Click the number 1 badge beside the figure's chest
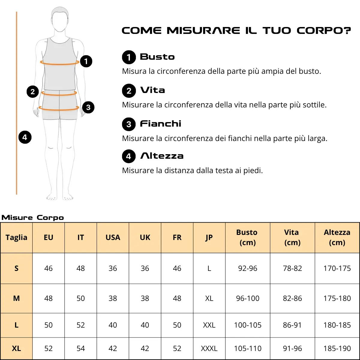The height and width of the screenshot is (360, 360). [x=86, y=61]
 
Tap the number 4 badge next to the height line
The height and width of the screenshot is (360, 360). [x=25, y=137]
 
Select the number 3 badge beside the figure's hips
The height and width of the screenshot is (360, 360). [x=88, y=107]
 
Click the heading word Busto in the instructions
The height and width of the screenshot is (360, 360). [x=157, y=57]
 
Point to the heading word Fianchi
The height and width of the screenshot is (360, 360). [x=161, y=124]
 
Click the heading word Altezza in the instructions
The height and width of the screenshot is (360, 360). [x=162, y=156]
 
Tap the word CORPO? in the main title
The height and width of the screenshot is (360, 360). [x=324, y=31]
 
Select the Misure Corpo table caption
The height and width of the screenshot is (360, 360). [x=33, y=217]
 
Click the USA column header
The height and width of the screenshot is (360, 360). [x=113, y=237]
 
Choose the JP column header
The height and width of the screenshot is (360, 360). [x=209, y=238]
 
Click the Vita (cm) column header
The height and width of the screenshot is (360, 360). [x=292, y=237]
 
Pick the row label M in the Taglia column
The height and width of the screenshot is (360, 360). [x=16, y=298]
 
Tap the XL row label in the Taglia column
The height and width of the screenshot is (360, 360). [x=16, y=348]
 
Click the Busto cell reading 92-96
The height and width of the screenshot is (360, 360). [x=247, y=268]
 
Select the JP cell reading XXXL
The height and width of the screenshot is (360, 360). [x=209, y=348]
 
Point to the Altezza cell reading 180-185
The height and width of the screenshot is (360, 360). [x=337, y=325]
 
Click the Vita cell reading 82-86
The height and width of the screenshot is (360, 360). [x=292, y=298]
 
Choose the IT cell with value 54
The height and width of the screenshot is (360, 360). [x=80, y=348]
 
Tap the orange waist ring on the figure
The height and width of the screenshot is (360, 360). [x=59, y=94]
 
